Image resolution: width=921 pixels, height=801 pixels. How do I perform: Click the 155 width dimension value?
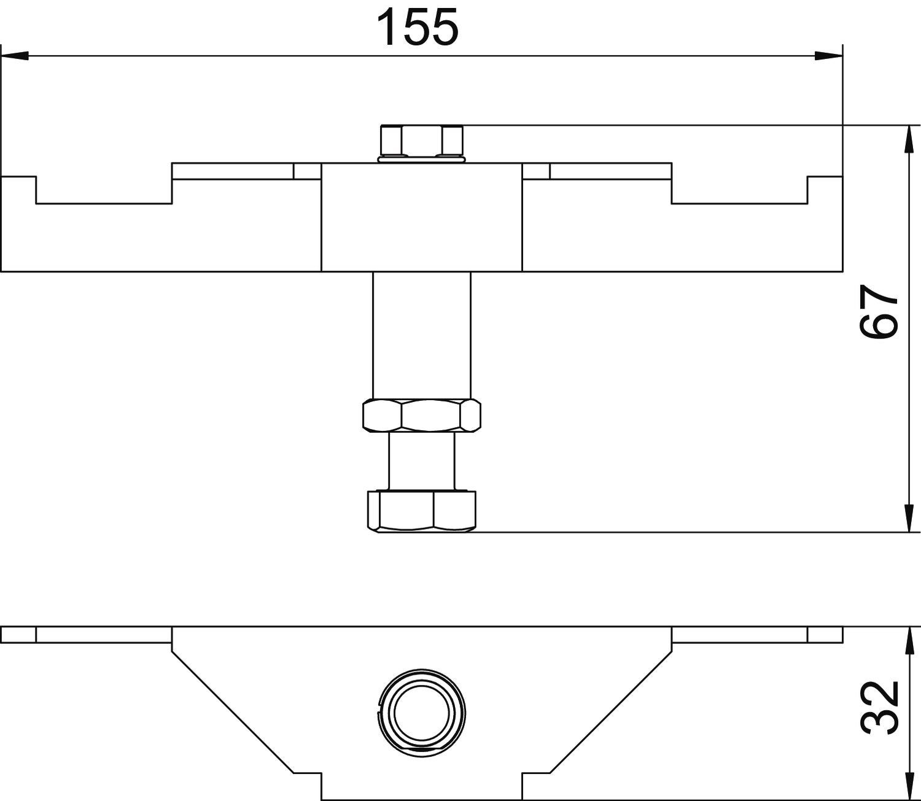coord(418,28)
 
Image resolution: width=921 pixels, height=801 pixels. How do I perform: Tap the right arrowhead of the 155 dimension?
coord(828,56)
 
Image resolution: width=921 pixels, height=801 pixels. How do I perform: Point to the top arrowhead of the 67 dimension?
coord(909,139)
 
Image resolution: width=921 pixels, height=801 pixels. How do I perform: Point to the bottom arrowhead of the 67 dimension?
coord(909,519)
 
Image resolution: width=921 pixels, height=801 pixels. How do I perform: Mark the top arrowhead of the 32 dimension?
coord(909,640)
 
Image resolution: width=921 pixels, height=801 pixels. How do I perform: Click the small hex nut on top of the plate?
coord(422,140)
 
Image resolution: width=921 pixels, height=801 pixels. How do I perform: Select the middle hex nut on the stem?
coord(422,416)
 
